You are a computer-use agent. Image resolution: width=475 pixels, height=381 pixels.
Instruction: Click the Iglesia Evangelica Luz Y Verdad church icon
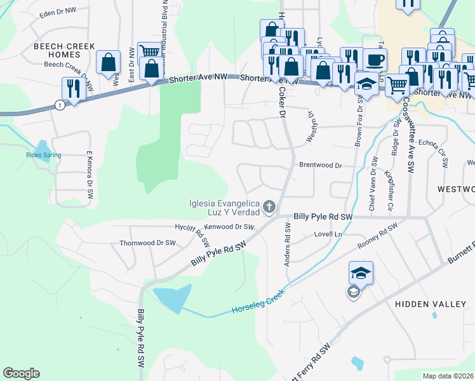269,206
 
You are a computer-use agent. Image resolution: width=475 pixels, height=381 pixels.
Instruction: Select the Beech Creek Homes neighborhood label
64,50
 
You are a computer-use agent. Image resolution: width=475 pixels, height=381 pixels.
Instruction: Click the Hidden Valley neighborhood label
431,304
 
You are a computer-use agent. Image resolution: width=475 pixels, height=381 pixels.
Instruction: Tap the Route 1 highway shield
60,105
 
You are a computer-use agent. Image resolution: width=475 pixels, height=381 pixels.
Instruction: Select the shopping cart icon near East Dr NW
149,52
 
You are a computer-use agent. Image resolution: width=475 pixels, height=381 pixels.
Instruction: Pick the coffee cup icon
375,60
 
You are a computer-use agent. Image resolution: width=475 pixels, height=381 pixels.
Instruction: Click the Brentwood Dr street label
321,165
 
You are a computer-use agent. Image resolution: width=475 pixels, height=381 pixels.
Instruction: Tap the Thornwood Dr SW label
147,243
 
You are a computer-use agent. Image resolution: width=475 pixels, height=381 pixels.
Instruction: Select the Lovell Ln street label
328,234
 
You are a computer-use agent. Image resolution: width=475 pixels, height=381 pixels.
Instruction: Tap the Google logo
21,373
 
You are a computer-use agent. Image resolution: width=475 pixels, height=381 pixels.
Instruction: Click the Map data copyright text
448,376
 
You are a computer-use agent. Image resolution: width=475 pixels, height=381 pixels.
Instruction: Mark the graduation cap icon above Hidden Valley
361,273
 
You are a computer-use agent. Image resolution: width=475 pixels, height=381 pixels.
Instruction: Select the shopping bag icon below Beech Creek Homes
108,62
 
